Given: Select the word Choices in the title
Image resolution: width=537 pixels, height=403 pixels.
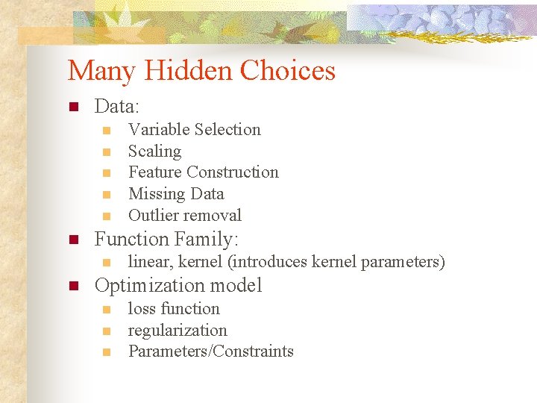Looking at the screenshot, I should click(x=288, y=71).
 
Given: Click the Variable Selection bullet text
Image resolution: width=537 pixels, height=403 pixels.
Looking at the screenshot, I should click(x=194, y=130).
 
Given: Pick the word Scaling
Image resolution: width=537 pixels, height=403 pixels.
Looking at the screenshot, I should click(x=154, y=151).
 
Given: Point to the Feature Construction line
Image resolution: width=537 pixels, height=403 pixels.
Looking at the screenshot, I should click(x=203, y=172).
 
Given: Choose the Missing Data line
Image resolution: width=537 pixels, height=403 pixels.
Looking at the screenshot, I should click(x=176, y=194).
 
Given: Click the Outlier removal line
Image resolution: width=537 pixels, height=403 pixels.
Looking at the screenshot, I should click(x=185, y=216).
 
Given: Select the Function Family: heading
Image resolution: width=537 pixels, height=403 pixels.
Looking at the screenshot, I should click(x=166, y=240).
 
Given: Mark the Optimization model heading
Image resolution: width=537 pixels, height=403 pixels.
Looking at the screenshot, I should click(x=178, y=286).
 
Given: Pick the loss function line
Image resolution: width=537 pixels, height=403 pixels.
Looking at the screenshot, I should click(x=174, y=309).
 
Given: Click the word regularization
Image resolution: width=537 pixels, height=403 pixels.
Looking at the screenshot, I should click(x=178, y=331).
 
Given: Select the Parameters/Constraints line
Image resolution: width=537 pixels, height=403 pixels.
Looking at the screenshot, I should click(x=211, y=352).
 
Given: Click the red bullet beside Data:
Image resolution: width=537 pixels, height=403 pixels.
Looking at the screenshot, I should click(x=73, y=107).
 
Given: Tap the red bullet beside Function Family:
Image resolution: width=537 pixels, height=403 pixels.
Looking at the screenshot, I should click(x=73, y=240).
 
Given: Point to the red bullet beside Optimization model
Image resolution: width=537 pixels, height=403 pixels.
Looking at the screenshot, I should click(x=73, y=287).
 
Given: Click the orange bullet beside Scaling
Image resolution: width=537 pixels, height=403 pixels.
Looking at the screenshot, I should click(x=107, y=152).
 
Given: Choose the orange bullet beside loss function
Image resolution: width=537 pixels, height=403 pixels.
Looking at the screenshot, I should click(x=107, y=310).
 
